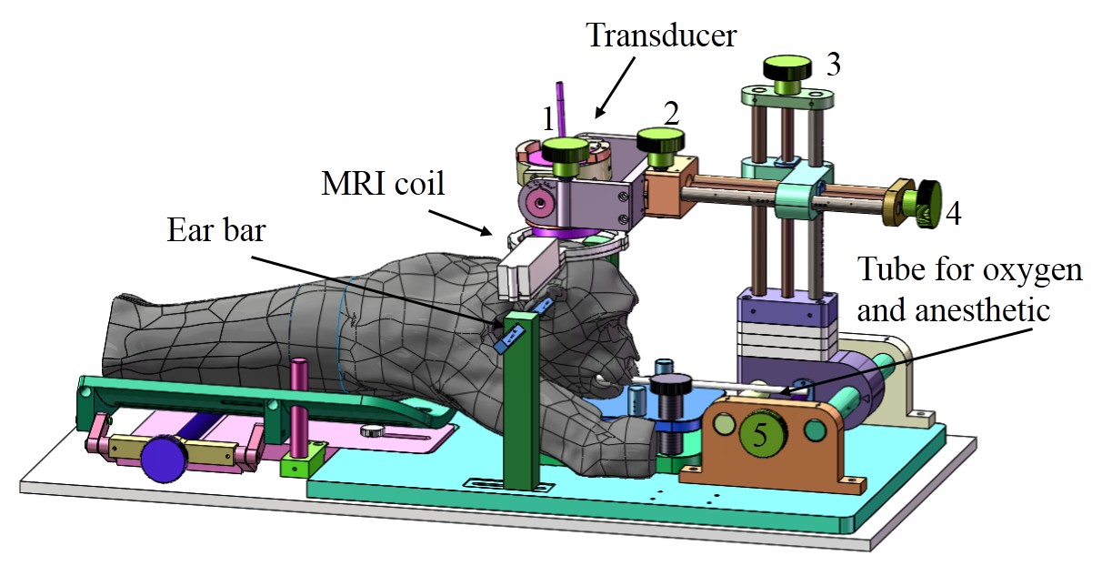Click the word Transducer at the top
661,35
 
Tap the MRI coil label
383,184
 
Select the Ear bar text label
216,230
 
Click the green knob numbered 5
762,435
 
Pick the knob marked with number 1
565,156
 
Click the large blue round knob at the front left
163,458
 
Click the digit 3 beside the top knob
834,64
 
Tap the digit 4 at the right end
953,214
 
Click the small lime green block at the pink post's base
301,460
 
